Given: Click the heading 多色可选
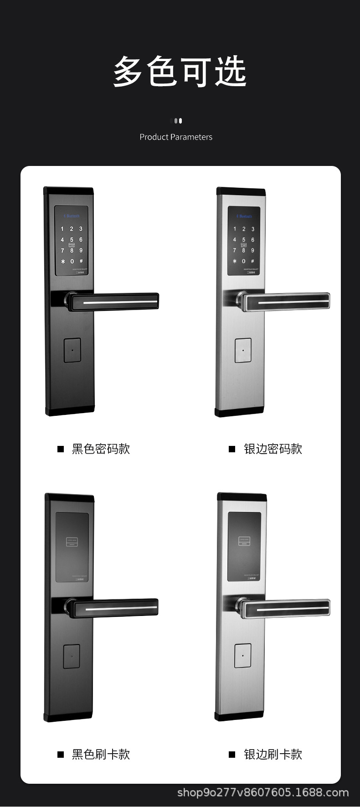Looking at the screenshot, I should pyautogui.click(x=180, y=72).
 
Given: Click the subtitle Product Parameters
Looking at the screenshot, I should pyautogui.click(x=176, y=137).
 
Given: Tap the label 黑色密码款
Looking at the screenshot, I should pyautogui.click(x=101, y=449).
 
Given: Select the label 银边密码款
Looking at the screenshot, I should pyautogui.click(x=273, y=449).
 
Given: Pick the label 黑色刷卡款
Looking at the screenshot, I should pyautogui.click(x=101, y=755).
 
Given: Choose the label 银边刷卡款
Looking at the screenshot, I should pyautogui.click(x=273, y=755).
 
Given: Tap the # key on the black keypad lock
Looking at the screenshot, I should pyautogui.click(x=81, y=261).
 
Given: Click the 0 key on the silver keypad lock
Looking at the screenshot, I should pyautogui.click(x=244, y=261).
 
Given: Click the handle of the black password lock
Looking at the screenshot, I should pyautogui.click(x=114, y=302).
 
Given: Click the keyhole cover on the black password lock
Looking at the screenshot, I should pyautogui.click(x=72, y=350).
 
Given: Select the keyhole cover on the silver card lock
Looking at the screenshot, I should pyautogui.click(x=243, y=656).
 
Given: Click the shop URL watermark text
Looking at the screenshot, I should pyautogui.click(x=263, y=792).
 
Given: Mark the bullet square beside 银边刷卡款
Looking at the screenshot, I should pyautogui.click(x=232, y=755).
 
